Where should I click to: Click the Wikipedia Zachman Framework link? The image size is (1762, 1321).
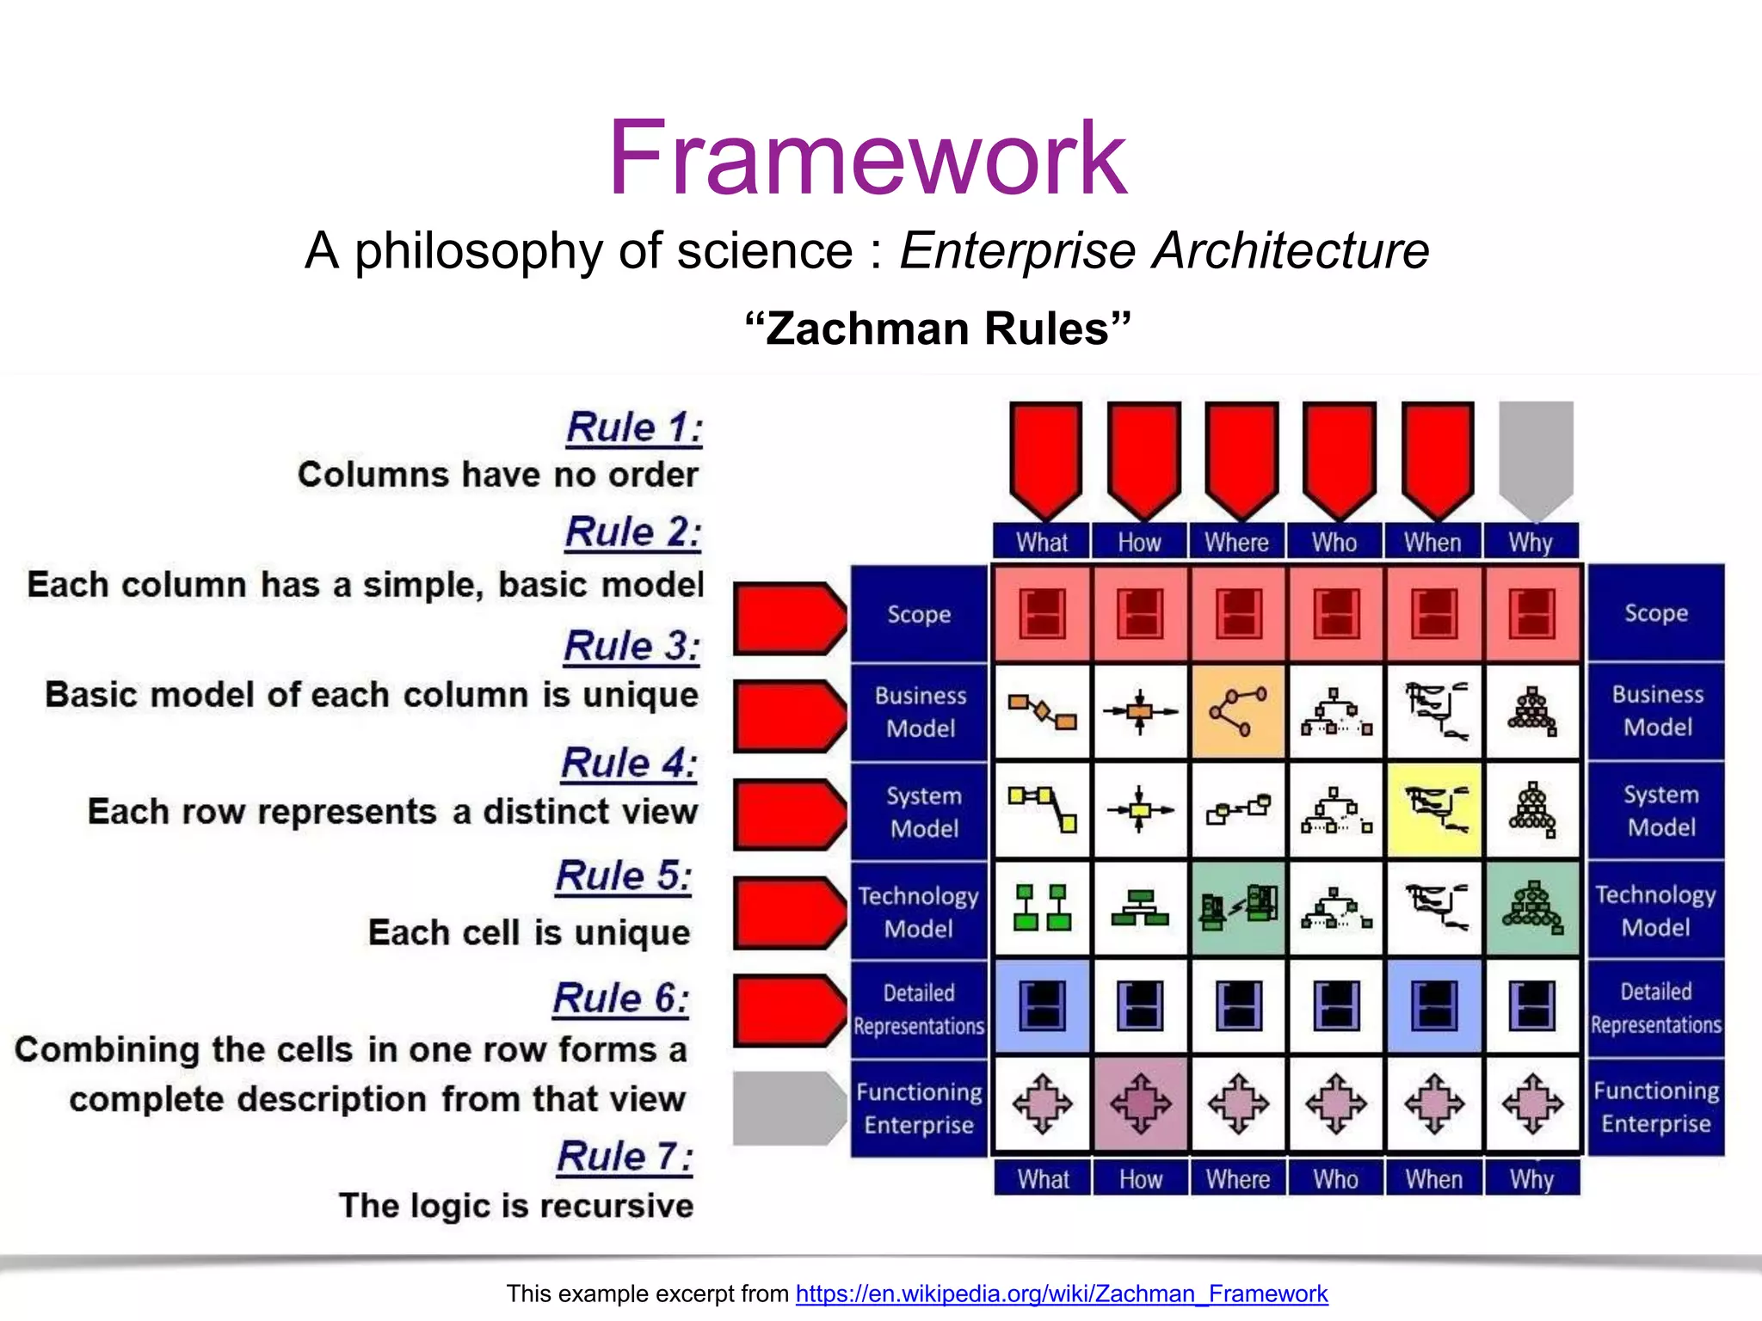coord(1061,1293)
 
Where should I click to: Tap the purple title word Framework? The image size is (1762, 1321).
coord(866,159)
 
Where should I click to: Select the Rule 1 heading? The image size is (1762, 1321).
coord(634,427)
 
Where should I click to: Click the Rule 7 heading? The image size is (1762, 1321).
coord(625,1156)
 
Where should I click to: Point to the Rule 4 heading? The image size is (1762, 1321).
coord(629,763)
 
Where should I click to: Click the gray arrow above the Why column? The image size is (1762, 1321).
coord(1536,456)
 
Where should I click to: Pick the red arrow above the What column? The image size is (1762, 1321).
coord(1045,456)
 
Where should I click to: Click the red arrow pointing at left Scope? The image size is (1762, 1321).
coord(787,617)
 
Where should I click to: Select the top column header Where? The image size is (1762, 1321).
coord(1236,542)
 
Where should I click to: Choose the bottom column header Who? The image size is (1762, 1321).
coord(1335,1178)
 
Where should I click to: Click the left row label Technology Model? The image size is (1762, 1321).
coord(919,912)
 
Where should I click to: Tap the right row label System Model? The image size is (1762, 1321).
coord(1660,810)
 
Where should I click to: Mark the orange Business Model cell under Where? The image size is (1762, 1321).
coord(1238,711)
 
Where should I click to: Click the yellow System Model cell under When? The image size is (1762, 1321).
coord(1434,810)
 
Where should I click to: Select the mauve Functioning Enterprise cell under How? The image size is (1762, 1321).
coord(1141,1103)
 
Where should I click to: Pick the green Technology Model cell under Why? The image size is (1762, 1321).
coord(1532,908)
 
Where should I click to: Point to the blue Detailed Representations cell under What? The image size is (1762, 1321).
coord(1042,1006)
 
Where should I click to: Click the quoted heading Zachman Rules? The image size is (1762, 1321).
coord(937,329)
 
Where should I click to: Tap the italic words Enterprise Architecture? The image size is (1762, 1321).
coord(1164,250)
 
